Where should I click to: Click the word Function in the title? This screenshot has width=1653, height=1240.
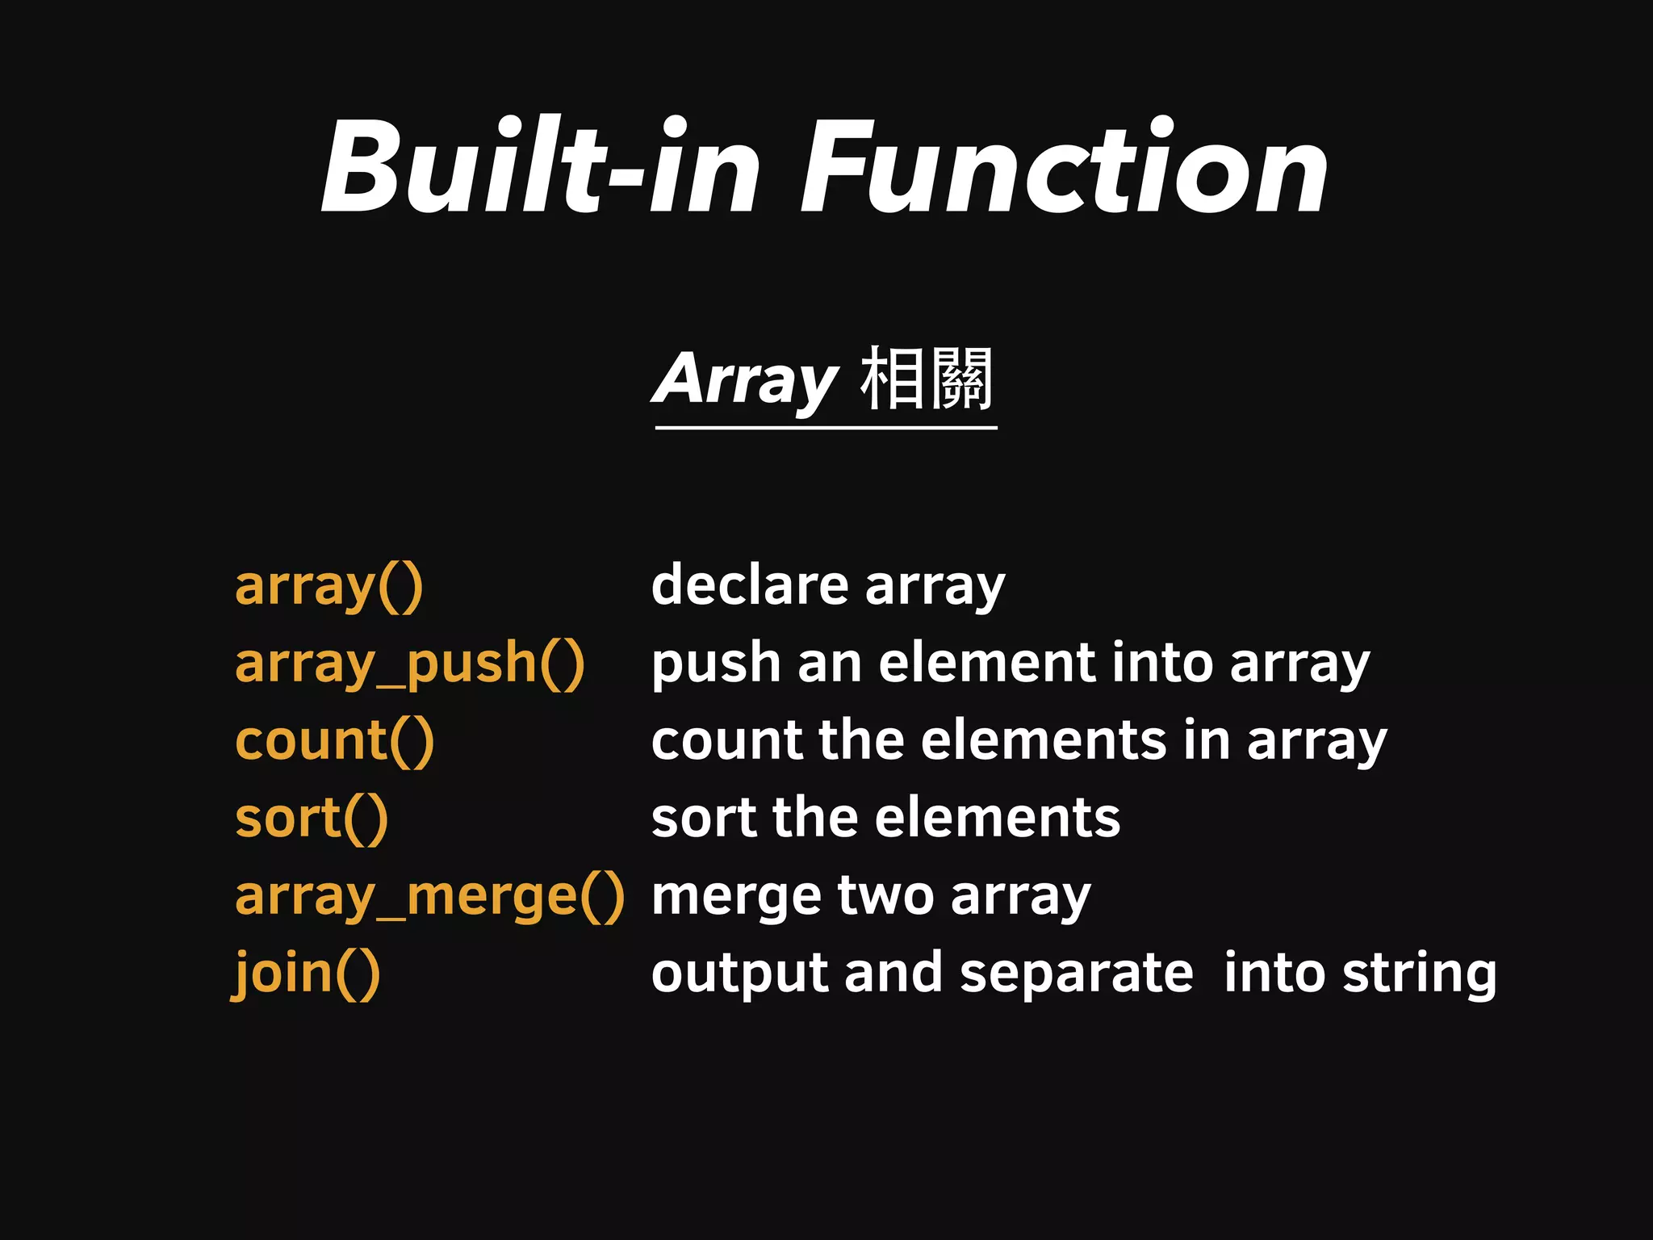tap(1064, 168)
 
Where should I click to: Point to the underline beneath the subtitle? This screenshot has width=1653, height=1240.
tap(826, 427)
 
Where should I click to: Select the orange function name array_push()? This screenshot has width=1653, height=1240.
tap(409, 664)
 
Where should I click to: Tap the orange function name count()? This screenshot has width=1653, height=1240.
tap(334, 741)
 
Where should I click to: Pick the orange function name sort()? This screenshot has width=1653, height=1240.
tap(312, 819)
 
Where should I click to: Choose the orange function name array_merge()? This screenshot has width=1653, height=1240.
tap(429, 896)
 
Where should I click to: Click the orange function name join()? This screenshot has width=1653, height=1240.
tap(307, 974)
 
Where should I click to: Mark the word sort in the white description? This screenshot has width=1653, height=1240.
tap(702, 818)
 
